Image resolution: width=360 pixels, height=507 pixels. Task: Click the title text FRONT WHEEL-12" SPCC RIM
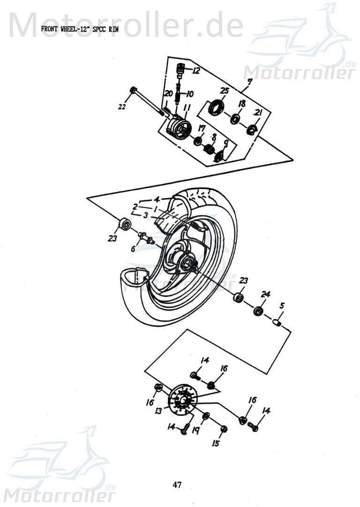coord(80,29)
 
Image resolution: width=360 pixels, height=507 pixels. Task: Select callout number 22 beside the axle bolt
coord(122,107)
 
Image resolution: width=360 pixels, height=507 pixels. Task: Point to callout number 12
coord(195,71)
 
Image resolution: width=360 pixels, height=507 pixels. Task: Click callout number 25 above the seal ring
coord(224,91)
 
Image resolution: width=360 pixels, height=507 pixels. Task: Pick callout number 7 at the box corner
coord(249,82)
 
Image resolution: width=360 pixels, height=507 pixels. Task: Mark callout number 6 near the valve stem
coord(133,249)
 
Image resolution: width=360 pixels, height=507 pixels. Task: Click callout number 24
coord(266,294)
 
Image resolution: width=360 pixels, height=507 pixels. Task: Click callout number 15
coord(215,443)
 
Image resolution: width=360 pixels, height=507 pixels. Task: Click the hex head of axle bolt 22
coord(133,89)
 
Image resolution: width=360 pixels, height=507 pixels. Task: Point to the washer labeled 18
coord(236,119)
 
